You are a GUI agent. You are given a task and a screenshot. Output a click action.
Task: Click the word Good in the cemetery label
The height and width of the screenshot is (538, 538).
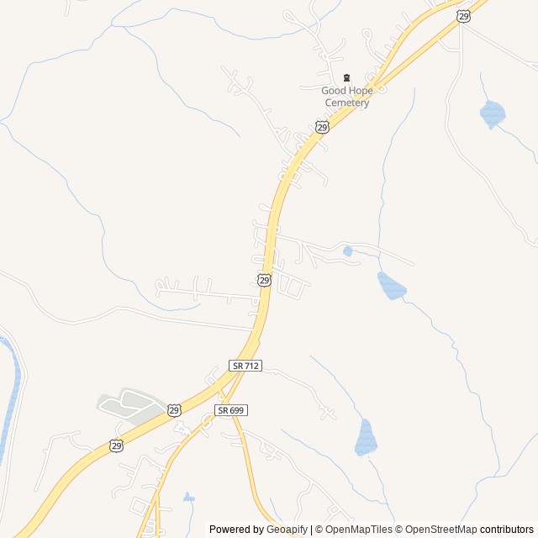pos(334,91)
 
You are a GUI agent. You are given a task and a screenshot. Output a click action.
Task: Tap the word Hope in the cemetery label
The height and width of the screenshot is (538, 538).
pos(361,91)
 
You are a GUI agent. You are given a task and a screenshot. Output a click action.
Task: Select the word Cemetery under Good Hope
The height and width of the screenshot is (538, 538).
pos(347,103)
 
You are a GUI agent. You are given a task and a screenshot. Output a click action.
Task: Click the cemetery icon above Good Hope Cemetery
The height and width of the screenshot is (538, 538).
pos(346,77)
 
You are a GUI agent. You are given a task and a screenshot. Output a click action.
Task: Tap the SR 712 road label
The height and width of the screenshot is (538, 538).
pos(245,366)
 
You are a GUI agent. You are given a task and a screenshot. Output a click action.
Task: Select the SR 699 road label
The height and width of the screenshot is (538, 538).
pos(230,409)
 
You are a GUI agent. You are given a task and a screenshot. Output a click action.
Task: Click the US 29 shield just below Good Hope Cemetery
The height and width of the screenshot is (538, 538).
pos(322,126)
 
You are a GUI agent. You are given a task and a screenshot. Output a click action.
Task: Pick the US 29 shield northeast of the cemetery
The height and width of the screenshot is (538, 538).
pos(463,16)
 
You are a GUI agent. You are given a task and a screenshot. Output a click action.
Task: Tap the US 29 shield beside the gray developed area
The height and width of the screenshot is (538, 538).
pos(173,409)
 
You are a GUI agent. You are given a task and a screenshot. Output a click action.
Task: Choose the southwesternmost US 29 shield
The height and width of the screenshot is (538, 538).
pos(116,445)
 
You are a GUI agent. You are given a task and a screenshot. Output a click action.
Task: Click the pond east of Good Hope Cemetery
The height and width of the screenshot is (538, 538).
pos(492,113)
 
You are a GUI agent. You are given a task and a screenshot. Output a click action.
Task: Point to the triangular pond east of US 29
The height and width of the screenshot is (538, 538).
pos(391,286)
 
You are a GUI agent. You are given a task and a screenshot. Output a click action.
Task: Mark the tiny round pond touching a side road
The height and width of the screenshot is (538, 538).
pos(347,251)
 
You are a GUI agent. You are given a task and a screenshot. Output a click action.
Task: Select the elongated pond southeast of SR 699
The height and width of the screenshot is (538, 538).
pos(366,437)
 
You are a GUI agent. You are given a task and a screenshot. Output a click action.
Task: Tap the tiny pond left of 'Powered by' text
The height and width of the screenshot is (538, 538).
pos(188,498)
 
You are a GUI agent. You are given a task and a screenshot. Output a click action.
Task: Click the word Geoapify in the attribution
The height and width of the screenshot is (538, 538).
pos(287,530)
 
